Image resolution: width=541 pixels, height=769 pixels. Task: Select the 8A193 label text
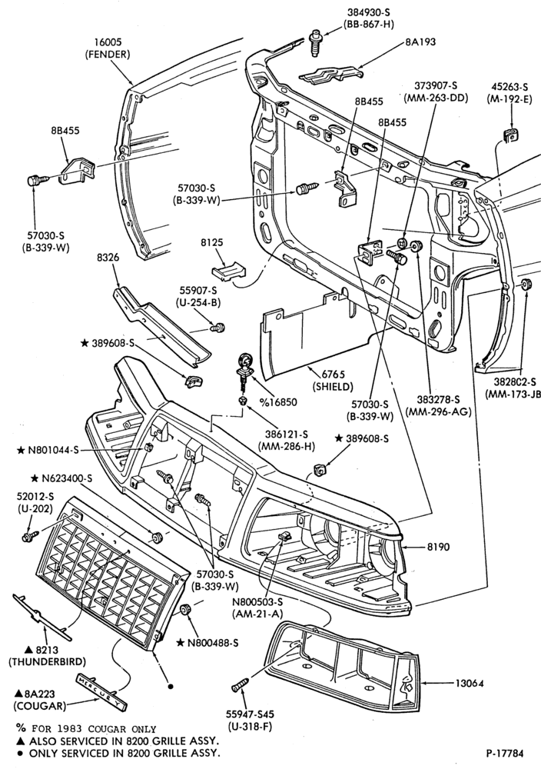420,42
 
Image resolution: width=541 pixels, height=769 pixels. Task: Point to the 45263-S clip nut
511,135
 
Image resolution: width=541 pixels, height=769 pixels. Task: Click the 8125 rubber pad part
228,271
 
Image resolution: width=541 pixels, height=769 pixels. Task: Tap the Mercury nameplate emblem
101,691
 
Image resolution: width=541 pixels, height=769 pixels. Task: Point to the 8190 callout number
438,546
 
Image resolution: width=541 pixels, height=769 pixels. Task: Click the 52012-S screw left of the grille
31,536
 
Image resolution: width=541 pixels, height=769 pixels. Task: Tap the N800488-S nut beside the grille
185,609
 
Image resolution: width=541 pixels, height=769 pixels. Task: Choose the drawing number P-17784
505,753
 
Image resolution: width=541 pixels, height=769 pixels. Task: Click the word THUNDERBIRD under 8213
47,662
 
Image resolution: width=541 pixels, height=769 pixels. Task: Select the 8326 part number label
108,257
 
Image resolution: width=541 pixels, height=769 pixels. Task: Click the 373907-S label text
436,85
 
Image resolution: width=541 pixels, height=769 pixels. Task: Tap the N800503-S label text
257,602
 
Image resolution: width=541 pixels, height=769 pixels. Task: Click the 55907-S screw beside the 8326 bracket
217,327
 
